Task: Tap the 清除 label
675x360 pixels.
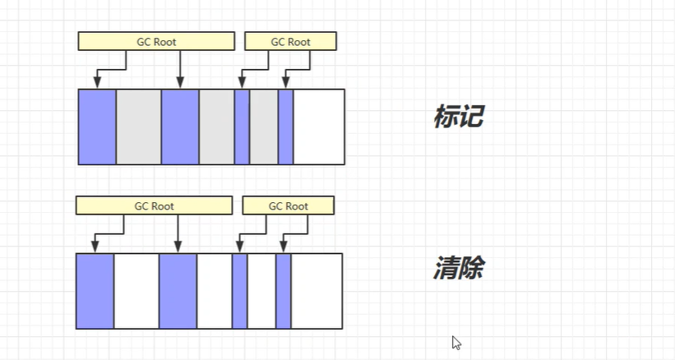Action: click(x=458, y=269)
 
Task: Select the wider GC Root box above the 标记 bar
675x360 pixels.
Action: click(x=156, y=41)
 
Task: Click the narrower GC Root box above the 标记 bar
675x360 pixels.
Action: click(x=290, y=41)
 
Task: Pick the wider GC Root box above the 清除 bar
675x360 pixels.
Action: click(x=154, y=205)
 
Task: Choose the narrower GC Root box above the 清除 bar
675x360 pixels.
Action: click(x=288, y=205)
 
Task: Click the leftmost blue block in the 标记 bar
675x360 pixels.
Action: click(x=97, y=127)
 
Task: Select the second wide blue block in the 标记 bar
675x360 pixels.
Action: click(x=180, y=127)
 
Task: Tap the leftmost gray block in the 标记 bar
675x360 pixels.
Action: click(x=138, y=127)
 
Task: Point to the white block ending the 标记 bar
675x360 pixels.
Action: click(x=319, y=127)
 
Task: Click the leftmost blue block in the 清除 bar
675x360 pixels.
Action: click(x=95, y=291)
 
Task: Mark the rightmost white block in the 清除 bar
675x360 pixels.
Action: click(x=317, y=291)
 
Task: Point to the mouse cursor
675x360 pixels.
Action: click(x=455, y=342)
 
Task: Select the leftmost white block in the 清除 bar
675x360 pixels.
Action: click(x=136, y=291)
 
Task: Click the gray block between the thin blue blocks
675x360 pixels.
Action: click(x=264, y=127)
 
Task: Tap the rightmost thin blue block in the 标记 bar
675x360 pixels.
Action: click(x=285, y=127)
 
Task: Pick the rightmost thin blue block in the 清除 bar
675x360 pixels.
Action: click(x=283, y=291)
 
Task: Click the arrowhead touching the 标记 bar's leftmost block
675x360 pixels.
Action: click(x=97, y=83)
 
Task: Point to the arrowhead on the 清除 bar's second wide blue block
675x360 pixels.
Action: click(x=178, y=247)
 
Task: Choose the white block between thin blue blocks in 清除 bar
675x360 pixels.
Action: click(x=261, y=291)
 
